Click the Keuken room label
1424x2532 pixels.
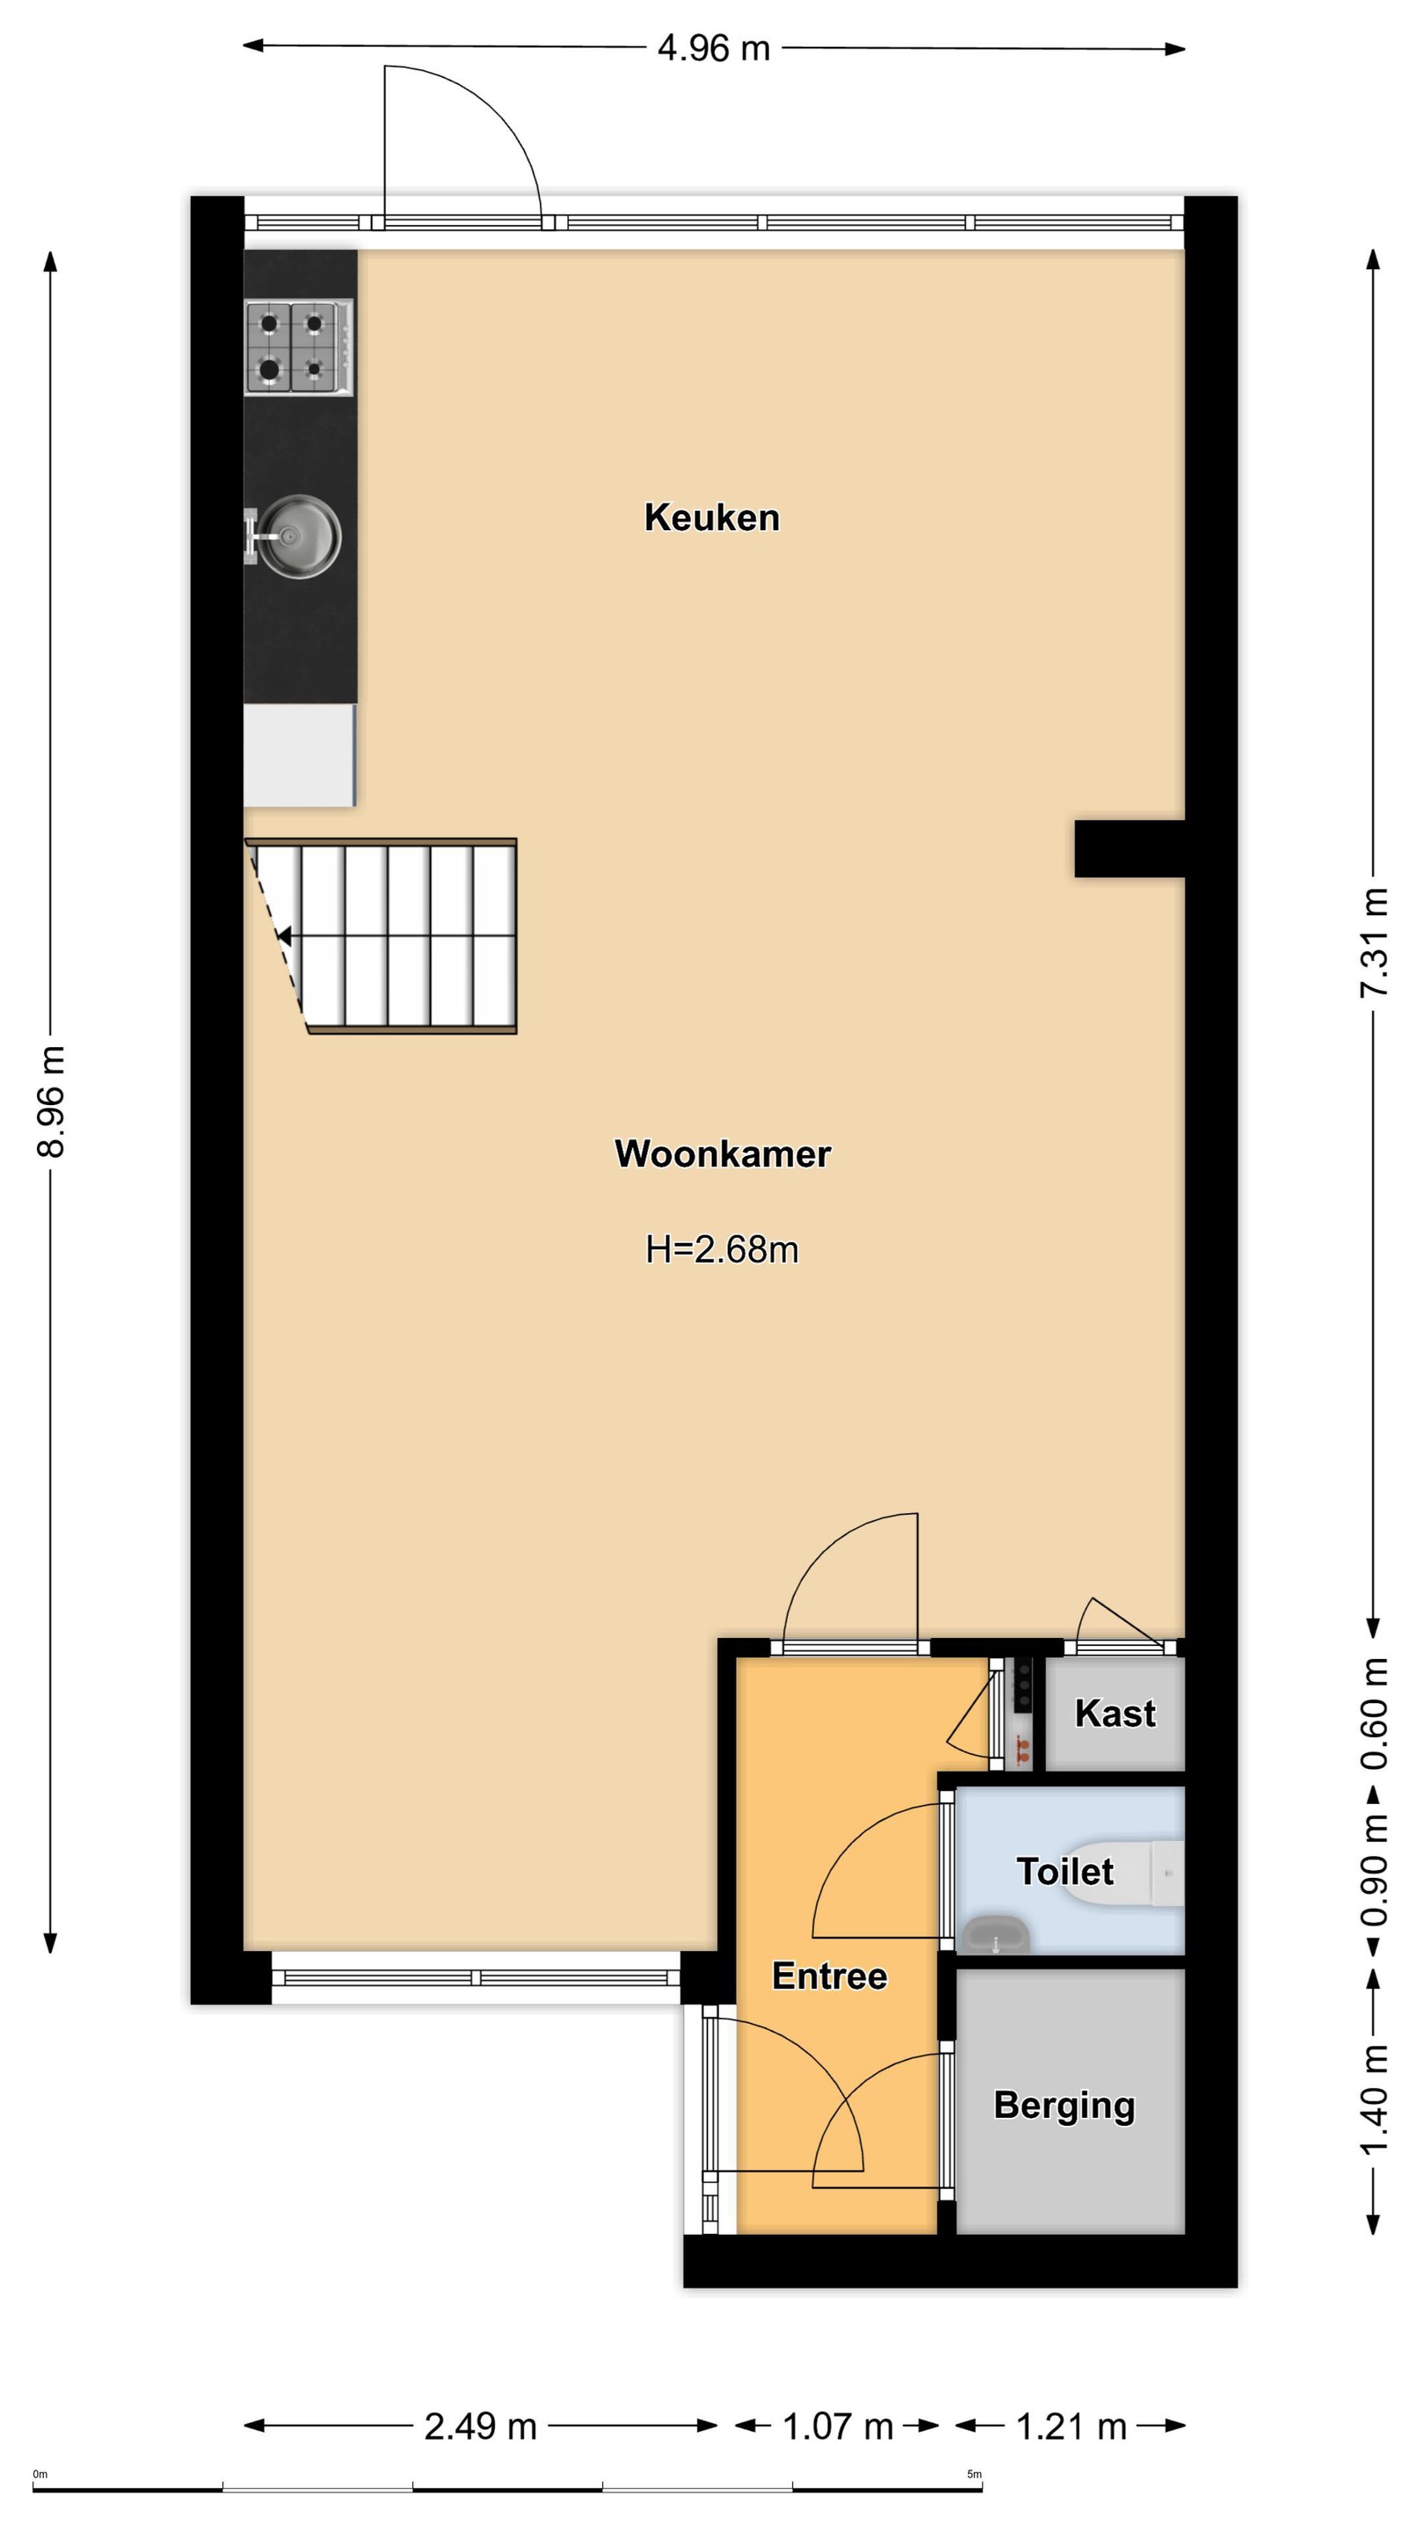(x=711, y=517)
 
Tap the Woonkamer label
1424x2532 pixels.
(x=723, y=1153)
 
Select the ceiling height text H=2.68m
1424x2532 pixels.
(x=723, y=1249)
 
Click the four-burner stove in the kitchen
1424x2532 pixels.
(x=299, y=348)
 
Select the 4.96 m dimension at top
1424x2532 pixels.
(x=714, y=48)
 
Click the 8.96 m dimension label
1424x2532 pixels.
(x=50, y=1102)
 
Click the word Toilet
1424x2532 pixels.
(x=1065, y=1872)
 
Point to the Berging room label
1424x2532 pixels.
(x=1064, y=2106)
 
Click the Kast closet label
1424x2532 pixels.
(x=1115, y=1713)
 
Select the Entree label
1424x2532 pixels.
(x=830, y=1975)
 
